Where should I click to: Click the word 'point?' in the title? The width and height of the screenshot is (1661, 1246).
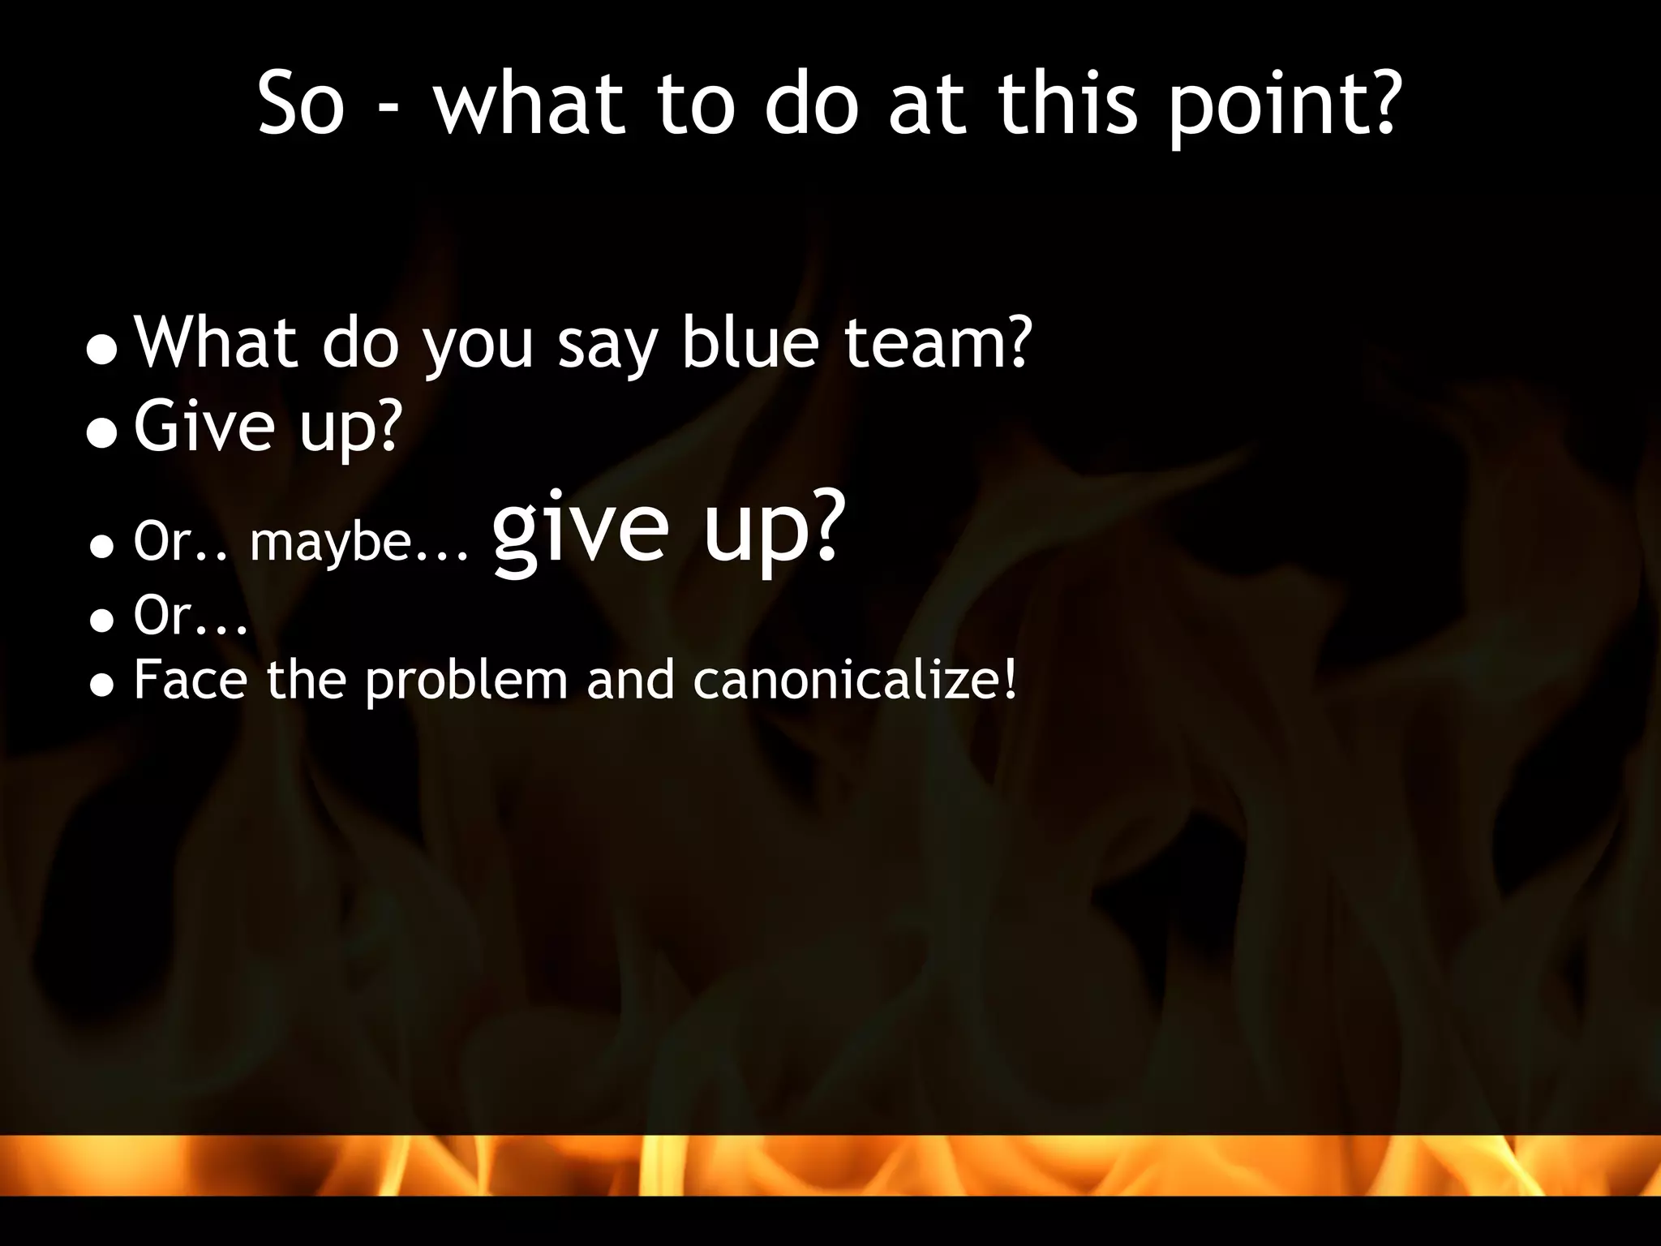pyautogui.click(x=1284, y=105)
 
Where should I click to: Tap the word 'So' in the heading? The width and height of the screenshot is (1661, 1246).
pyautogui.click(x=302, y=105)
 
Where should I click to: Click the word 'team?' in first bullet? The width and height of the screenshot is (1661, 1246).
pyautogui.click(x=938, y=343)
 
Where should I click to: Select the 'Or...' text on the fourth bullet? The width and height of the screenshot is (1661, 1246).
pyautogui.click(x=191, y=616)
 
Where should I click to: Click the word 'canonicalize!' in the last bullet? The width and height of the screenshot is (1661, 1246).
pyautogui.click(x=855, y=680)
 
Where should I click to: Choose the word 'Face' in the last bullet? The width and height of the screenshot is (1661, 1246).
pyautogui.click(x=191, y=680)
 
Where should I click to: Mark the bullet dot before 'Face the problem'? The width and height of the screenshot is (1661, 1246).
pyautogui.click(x=102, y=686)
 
